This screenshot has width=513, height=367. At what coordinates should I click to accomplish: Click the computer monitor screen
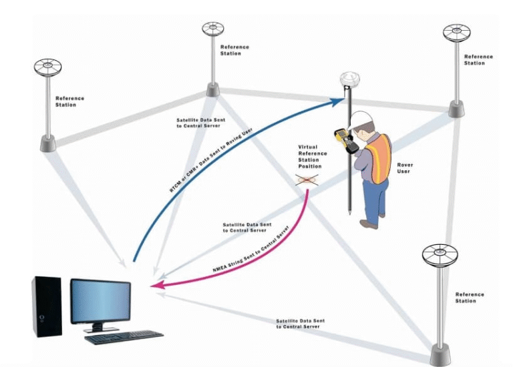click(x=100, y=300)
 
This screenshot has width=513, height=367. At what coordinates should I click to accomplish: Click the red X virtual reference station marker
click(x=307, y=179)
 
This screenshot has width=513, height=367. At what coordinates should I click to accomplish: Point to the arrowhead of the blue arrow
click(x=339, y=101)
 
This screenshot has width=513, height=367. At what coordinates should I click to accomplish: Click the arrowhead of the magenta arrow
click(x=155, y=286)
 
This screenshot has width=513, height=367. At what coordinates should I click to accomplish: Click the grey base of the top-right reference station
click(x=456, y=109)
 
